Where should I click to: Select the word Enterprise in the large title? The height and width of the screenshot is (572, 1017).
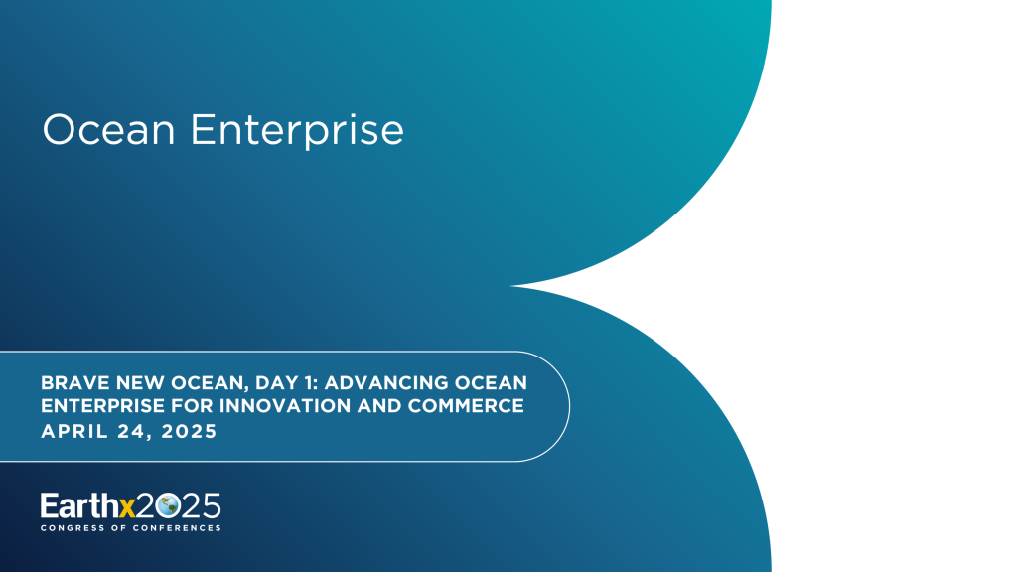pos(297,130)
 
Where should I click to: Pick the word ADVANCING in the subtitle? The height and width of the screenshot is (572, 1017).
pos(384,383)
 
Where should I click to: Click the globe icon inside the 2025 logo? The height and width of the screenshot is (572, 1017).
pos(168,506)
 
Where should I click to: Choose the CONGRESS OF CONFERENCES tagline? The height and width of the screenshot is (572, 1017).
pos(130,528)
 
